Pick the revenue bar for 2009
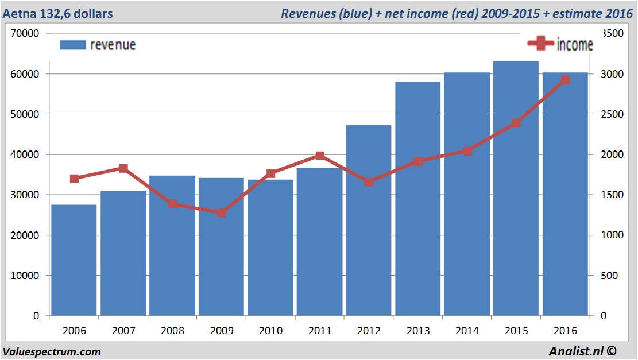tap(221, 246)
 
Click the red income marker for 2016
tap(565, 80)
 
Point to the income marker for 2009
tap(221, 213)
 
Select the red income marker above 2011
tap(320, 156)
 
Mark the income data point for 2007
tap(123, 168)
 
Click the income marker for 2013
tap(418, 161)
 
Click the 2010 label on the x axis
tap(270, 331)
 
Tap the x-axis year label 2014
tap(467, 331)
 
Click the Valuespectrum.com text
tap(52, 352)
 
